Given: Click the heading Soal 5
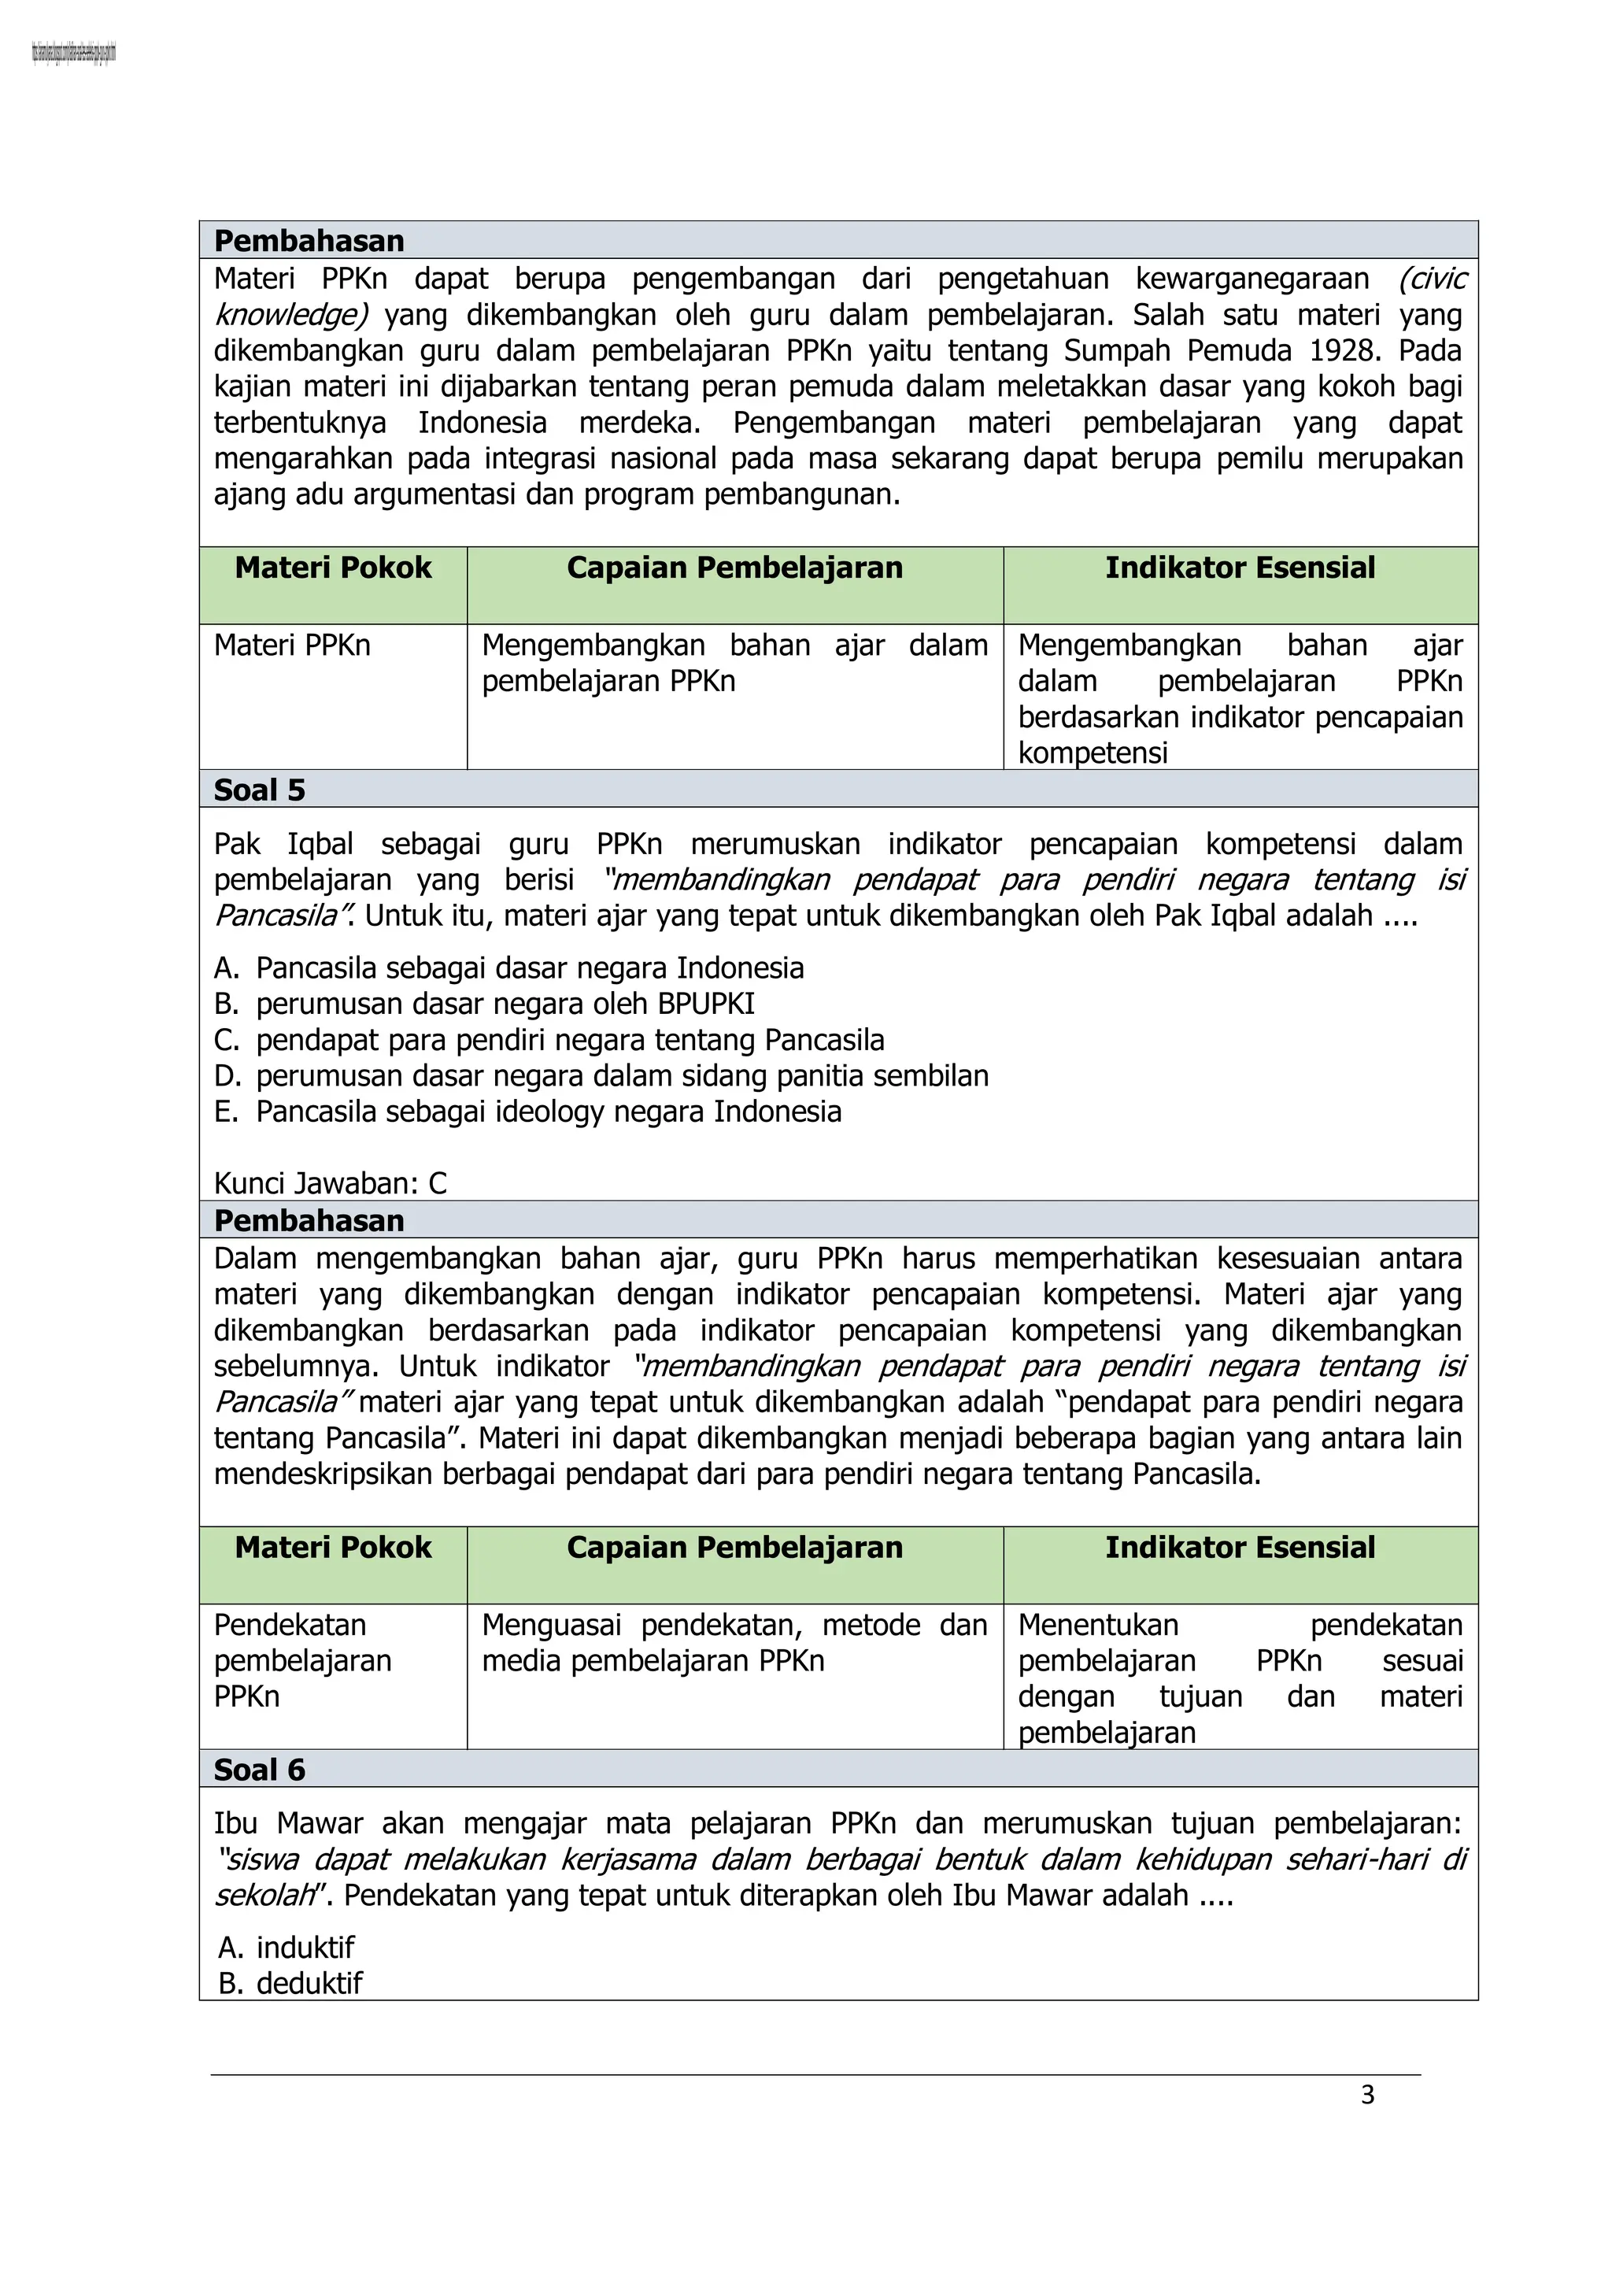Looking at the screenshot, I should [259, 790].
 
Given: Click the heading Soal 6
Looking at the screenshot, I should [259, 1770].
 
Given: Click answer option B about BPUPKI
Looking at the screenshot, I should [505, 1004].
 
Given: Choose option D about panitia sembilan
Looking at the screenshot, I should [621, 1076].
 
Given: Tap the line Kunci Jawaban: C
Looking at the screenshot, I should [331, 1183].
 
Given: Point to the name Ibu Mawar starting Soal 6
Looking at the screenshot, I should [288, 1823].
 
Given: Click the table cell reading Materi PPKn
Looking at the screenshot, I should [292, 646].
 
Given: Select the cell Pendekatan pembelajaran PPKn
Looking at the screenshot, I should [303, 1660].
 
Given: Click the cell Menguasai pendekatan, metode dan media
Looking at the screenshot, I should [734, 1643].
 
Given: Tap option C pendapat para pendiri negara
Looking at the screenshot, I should [569, 1040].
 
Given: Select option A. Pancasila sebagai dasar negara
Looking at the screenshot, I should [529, 967].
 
